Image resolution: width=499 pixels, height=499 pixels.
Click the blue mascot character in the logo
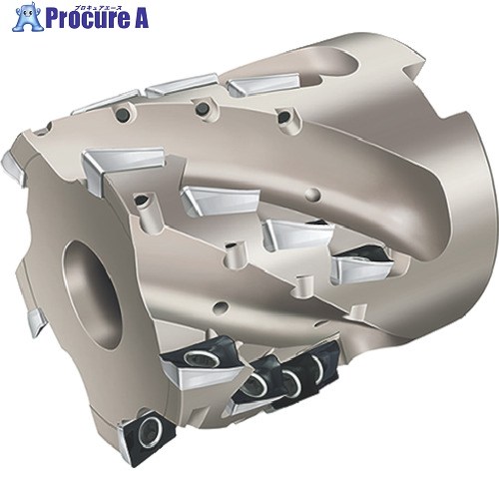28,17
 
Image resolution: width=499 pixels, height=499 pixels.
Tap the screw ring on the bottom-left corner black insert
150,432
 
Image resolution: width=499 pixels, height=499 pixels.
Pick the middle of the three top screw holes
202,107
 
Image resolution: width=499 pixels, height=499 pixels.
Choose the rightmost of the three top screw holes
283,116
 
